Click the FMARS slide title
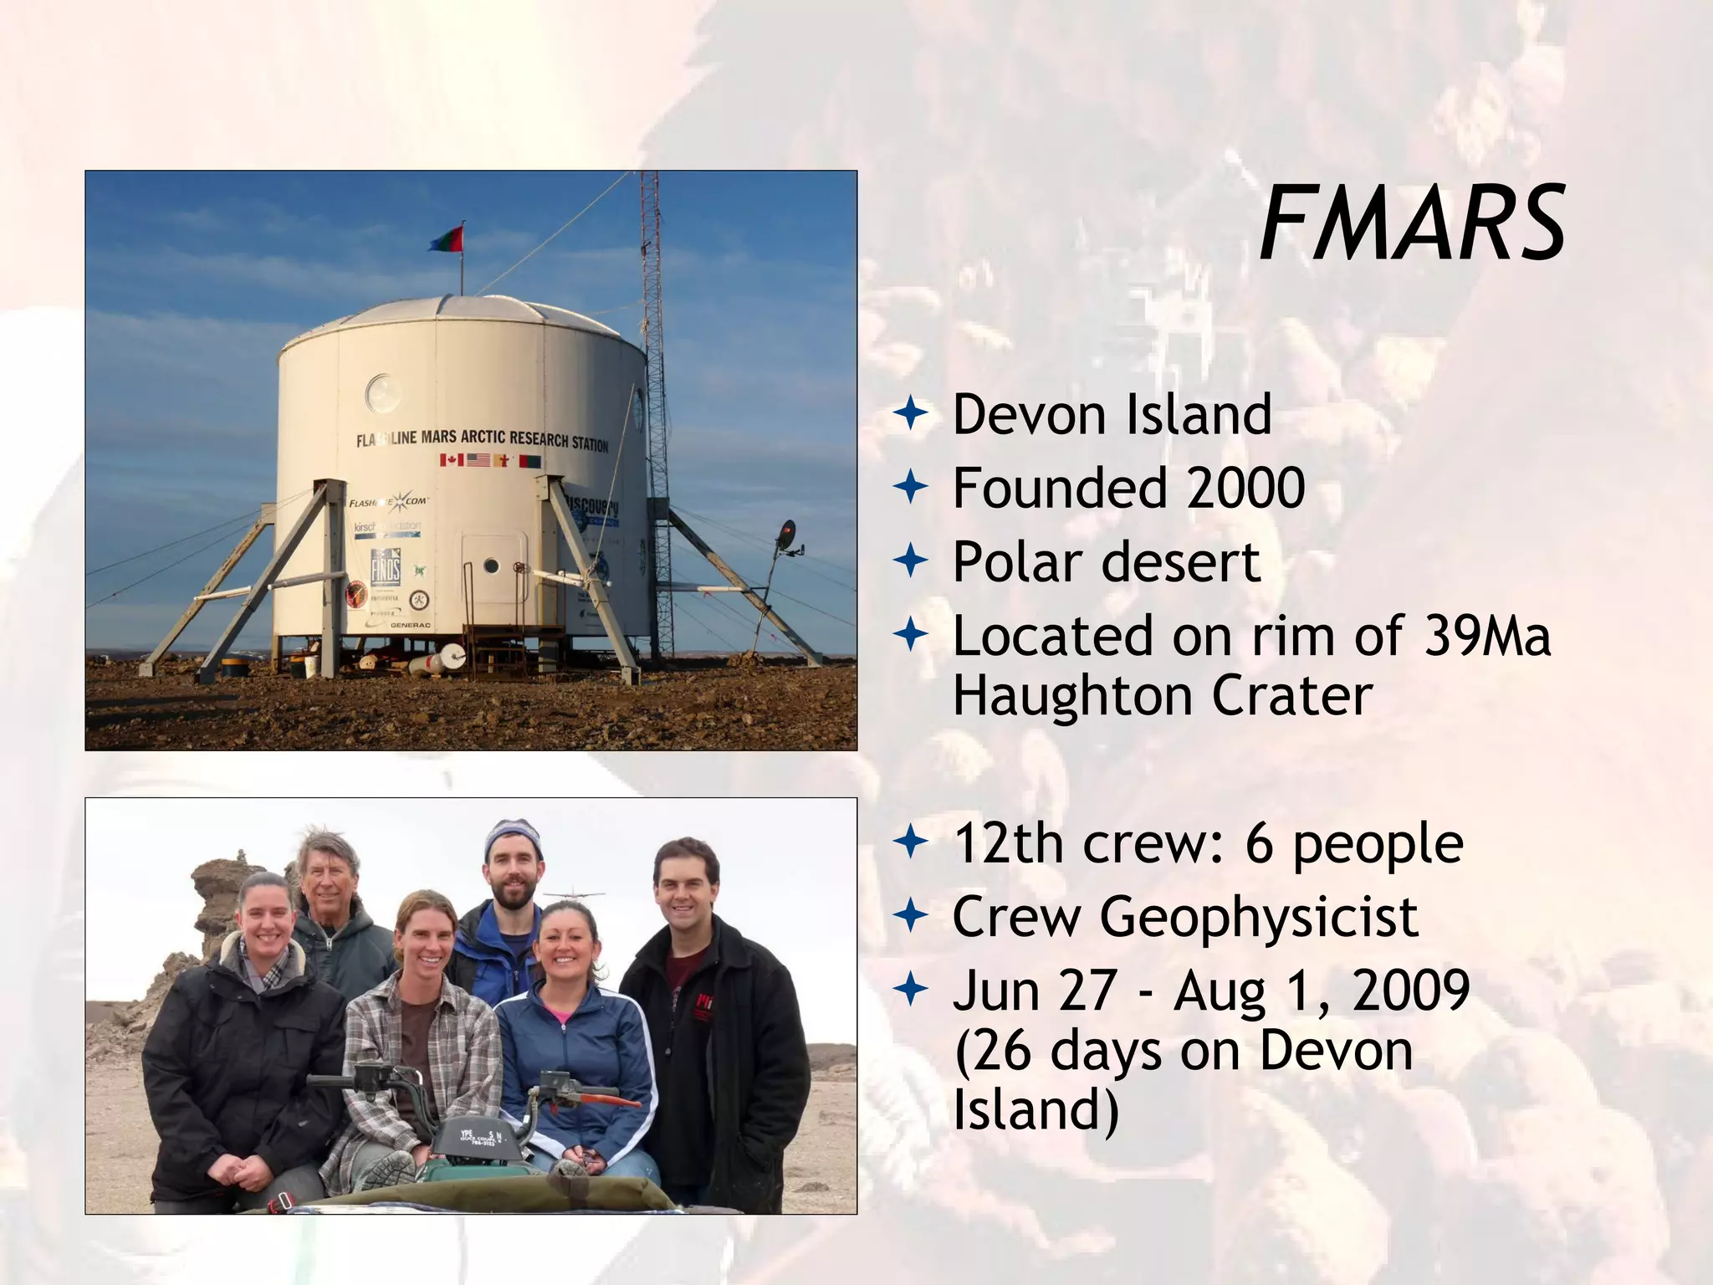pyautogui.click(x=1412, y=225)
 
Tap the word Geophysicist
pyautogui.click(x=1259, y=918)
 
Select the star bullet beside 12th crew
pyautogui.click(x=911, y=842)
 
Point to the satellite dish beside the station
pyautogui.click(x=786, y=536)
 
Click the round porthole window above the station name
pyautogui.click(x=382, y=392)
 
